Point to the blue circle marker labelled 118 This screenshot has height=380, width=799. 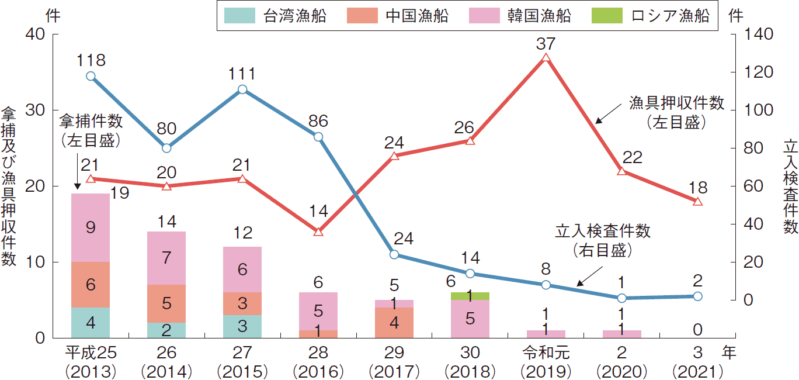pyautogui.click(x=91, y=76)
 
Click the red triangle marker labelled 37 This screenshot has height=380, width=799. pyautogui.click(x=546, y=58)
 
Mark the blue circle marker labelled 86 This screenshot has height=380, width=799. pyautogui.click(x=318, y=137)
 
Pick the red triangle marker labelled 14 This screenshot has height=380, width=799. pyautogui.click(x=318, y=232)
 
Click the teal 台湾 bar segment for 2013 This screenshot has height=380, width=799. pyautogui.click(x=91, y=322)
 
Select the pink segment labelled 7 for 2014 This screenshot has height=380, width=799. pyautogui.click(x=166, y=258)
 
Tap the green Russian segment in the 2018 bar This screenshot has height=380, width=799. pyautogui.click(x=470, y=296)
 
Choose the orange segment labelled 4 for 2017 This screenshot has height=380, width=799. pyautogui.click(x=394, y=322)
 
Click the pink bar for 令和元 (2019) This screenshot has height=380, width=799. pyautogui.click(x=546, y=334)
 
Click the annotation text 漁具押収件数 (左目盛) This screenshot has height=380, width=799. pyautogui.click(x=676, y=112)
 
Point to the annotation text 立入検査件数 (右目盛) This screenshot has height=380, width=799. pyautogui.click(x=602, y=240)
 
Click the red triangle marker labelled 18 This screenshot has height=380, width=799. pyautogui.click(x=697, y=202)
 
